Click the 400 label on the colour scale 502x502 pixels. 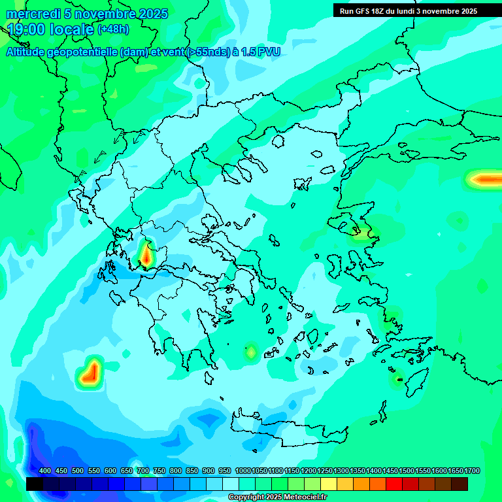45,471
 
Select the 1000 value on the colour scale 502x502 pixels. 243,471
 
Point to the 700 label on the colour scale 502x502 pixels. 143,471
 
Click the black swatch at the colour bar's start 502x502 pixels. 35,484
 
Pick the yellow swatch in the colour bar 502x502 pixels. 329,484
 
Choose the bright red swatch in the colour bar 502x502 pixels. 394,484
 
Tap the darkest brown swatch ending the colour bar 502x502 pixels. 460,484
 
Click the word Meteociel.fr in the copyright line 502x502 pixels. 305,497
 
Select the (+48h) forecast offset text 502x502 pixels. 113,29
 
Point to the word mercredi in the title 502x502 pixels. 29,14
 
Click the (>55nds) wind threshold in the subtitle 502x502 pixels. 207,52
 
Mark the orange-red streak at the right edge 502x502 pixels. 487,179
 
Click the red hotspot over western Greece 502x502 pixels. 146,254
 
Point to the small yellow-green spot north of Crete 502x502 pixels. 250,352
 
